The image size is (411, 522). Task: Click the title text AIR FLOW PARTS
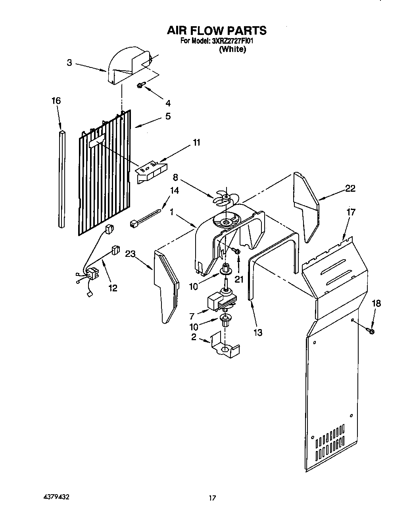(x=216, y=30)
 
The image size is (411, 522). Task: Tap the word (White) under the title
(x=232, y=49)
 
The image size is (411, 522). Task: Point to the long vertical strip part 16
(x=61, y=179)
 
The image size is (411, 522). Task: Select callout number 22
(x=350, y=189)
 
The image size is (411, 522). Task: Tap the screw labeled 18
(x=372, y=331)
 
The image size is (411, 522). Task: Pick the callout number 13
(x=258, y=333)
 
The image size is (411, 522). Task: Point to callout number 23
(x=131, y=254)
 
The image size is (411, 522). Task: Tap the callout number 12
(x=113, y=288)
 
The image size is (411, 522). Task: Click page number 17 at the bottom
(x=213, y=498)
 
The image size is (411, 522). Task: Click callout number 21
(x=238, y=279)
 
